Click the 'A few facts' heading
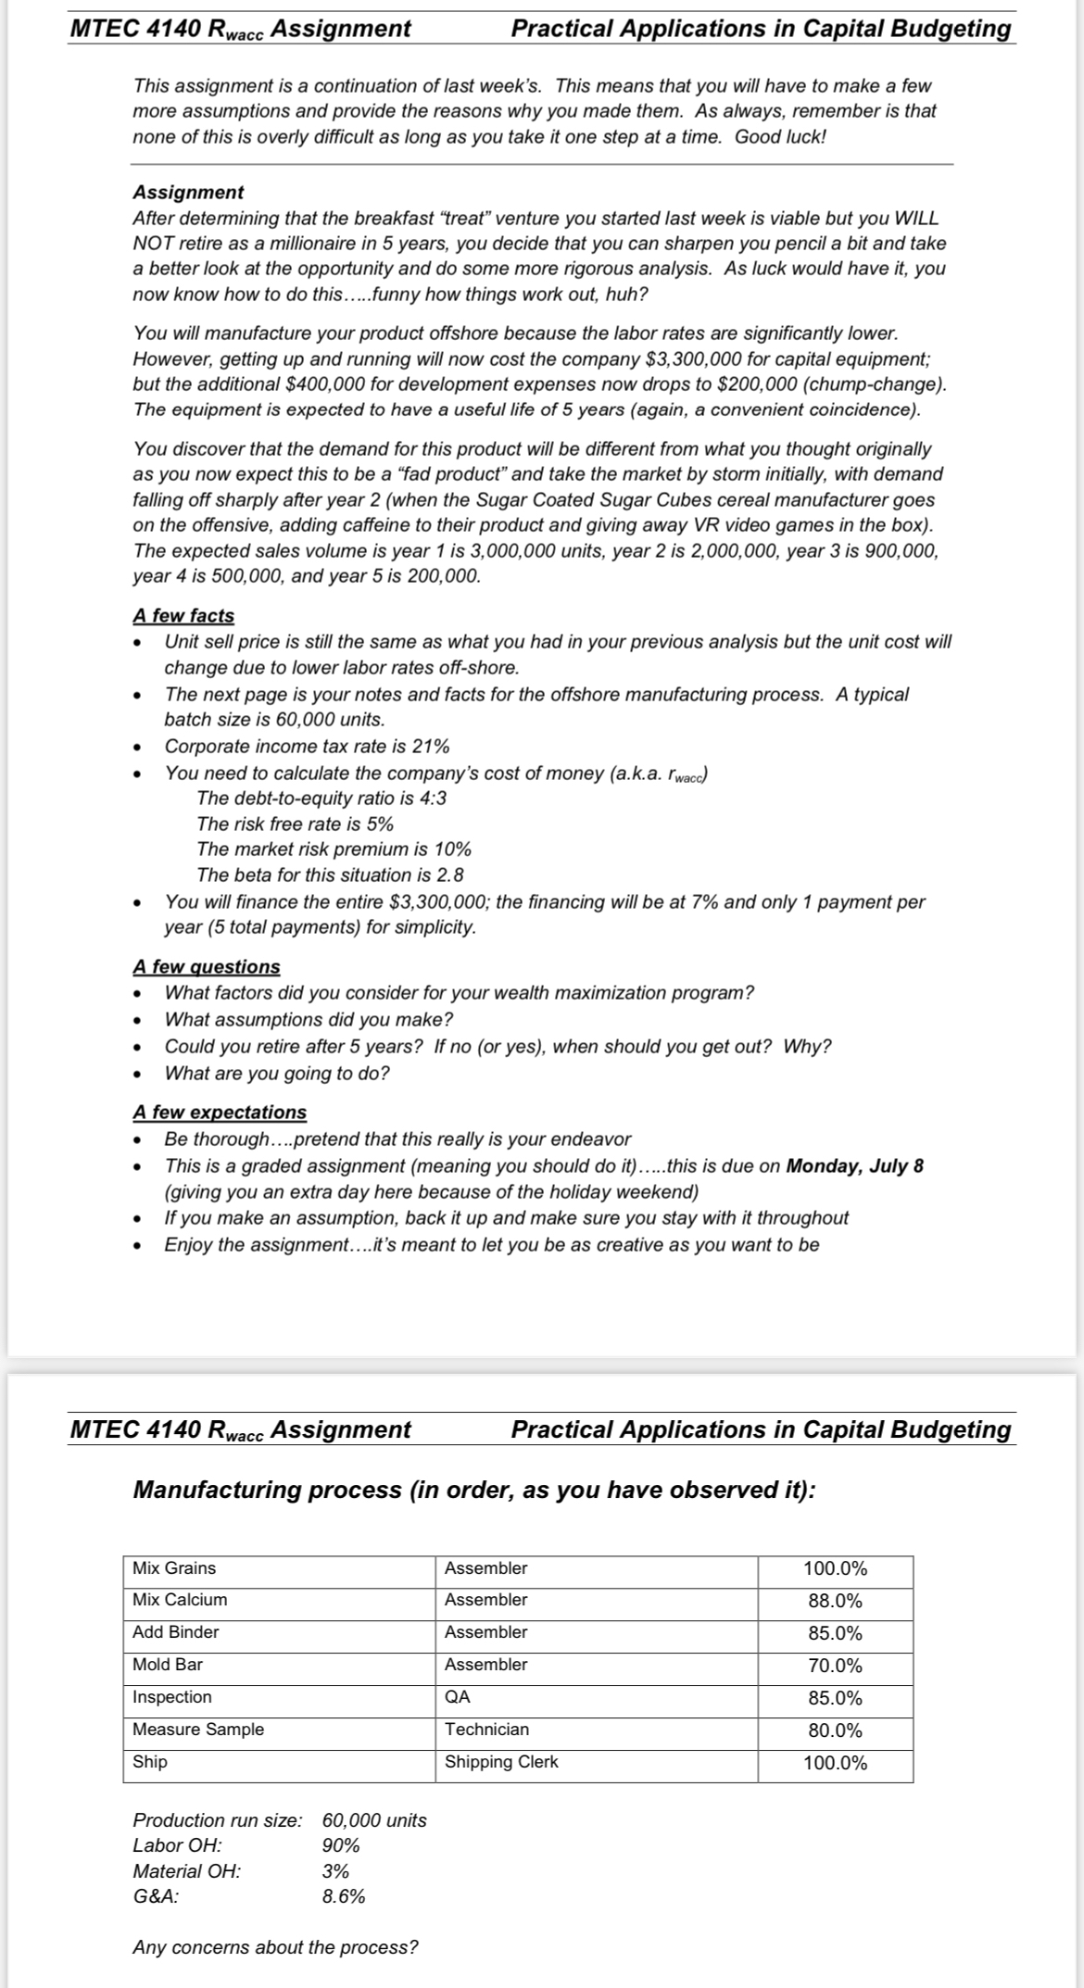pyautogui.click(x=183, y=616)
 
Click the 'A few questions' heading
pyautogui.click(x=206, y=966)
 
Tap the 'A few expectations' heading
pyautogui.click(x=220, y=1112)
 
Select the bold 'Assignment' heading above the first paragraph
pyautogui.click(x=188, y=192)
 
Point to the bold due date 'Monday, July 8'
pyautogui.click(x=854, y=1165)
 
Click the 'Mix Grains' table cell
pyautogui.click(x=174, y=1568)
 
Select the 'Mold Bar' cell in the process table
pyautogui.click(x=168, y=1665)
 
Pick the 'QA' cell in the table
pyautogui.click(x=458, y=1697)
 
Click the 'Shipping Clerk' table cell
pyautogui.click(x=501, y=1762)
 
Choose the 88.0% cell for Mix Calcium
pyautogui.click(x=835, y=1601)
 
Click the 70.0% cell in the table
pyautogui.click(x=835, y=1666)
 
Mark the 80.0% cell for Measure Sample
pyautogui.click(x=835, y=1730)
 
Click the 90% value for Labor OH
pyautogui.click(x=341, y=1845)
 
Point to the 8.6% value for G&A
pyautogui.click(x=344, y=1896)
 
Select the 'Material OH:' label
pyautogui.click(x=186, y=1870)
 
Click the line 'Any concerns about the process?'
pyautogui.click(x=275, y=1947)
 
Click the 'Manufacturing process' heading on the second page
pyautogui.click(x=473, y=1491)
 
